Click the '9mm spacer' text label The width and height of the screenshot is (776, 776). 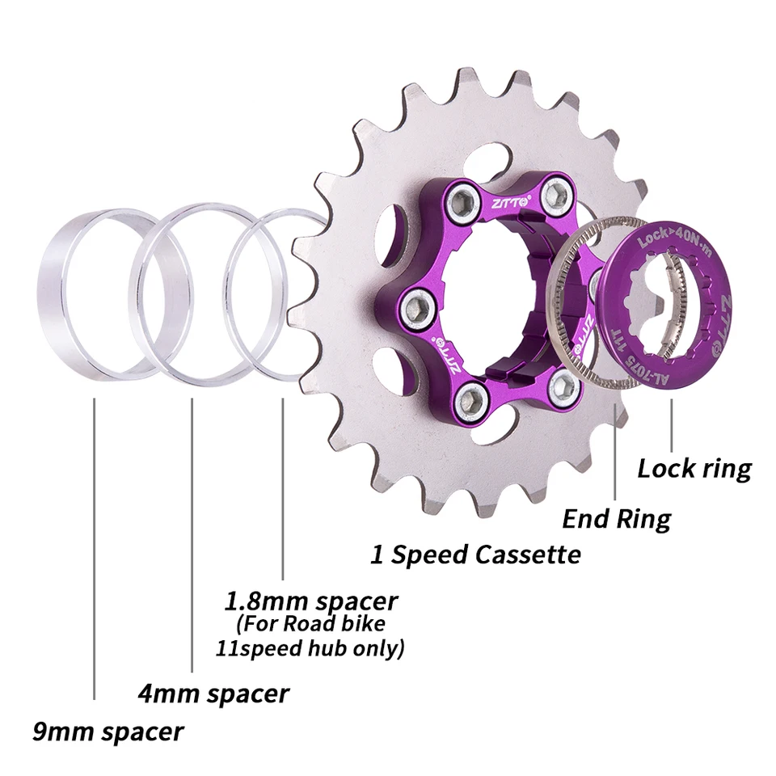[x=108, y=732]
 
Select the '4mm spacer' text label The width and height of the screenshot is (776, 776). [x=212, y=693]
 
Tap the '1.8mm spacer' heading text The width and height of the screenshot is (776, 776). [x=310, y=601]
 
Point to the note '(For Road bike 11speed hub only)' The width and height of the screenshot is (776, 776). [x=310, y=636]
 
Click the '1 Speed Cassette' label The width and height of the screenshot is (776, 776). [x=475, y=555]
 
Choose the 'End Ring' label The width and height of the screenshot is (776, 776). [x=616, y=517]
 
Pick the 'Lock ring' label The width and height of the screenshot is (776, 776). [x=694, y=468]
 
